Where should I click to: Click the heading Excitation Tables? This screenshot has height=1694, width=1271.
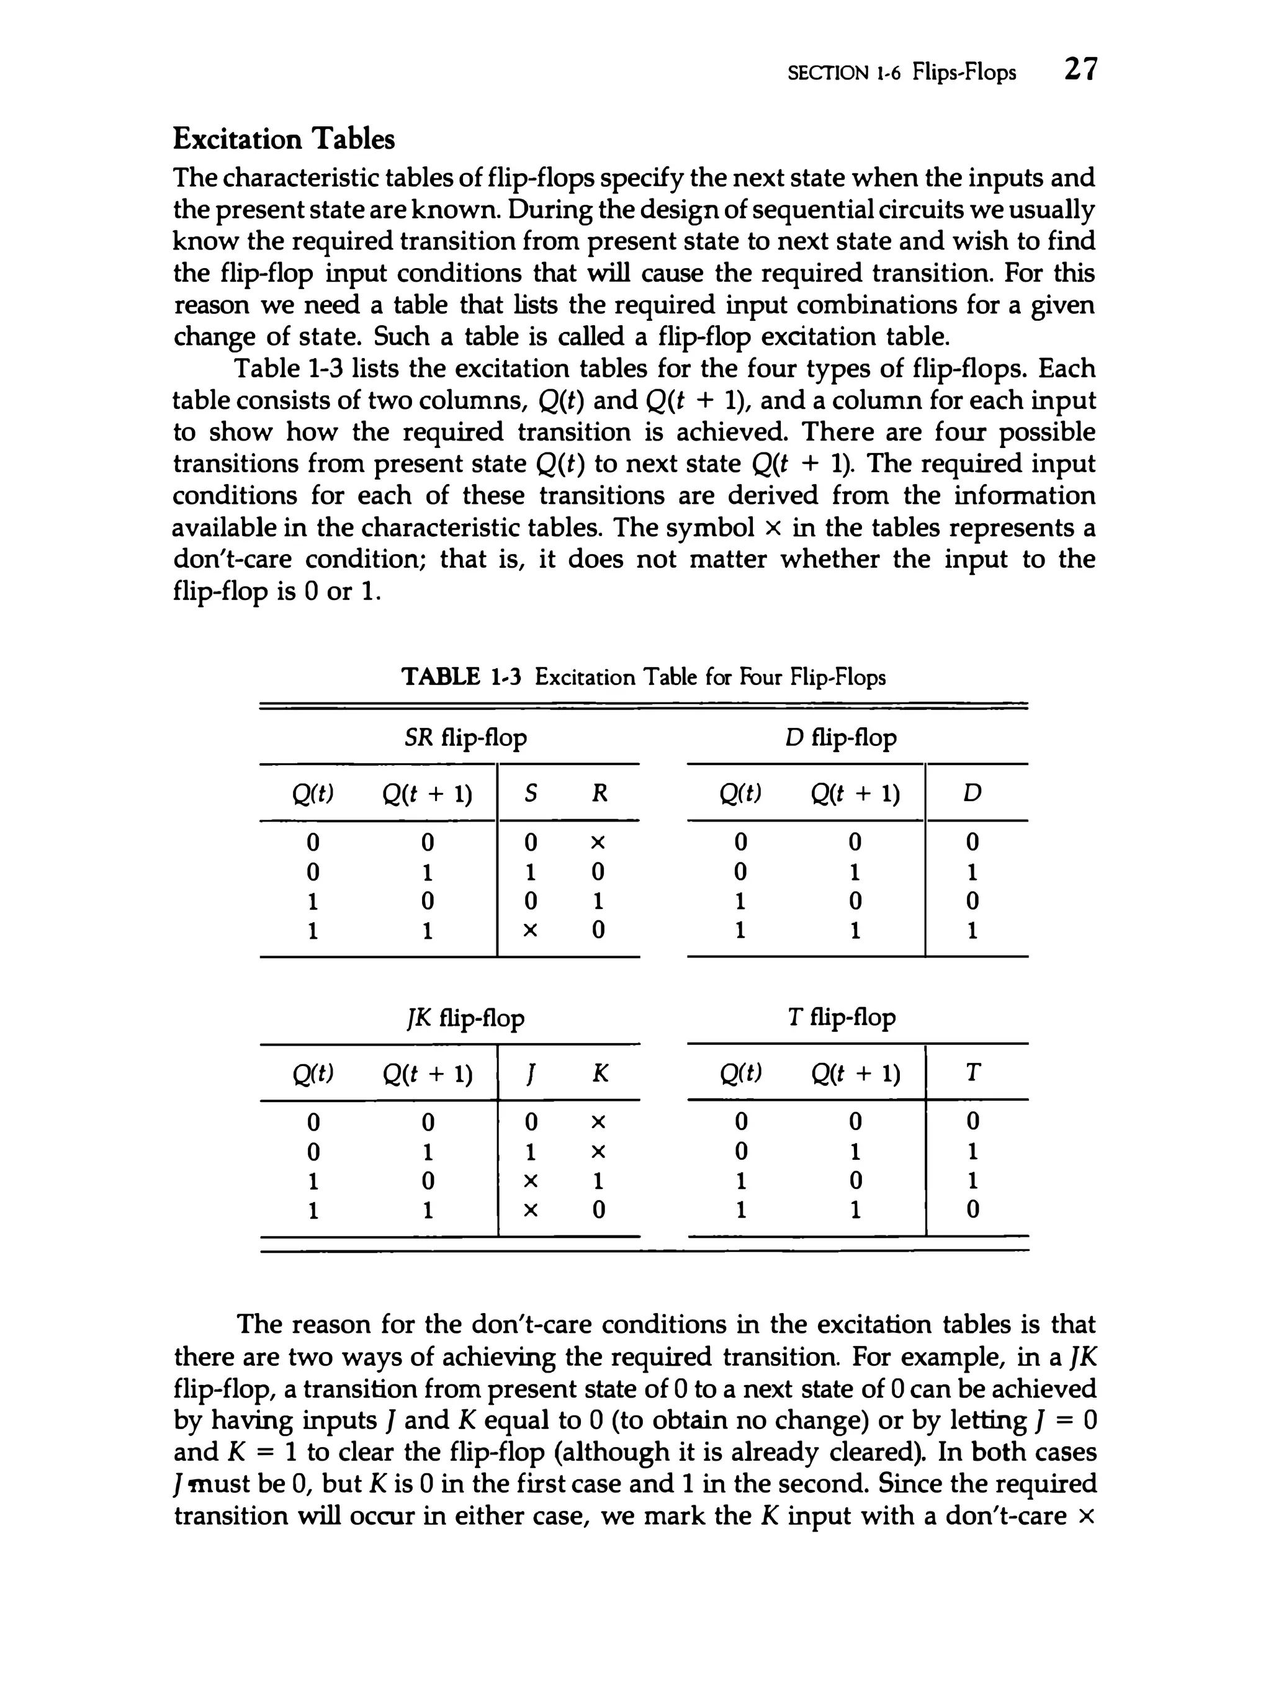pyautogui.click(x=284, y=140)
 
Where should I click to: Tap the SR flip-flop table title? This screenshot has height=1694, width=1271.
pyautogui.click(x=465, y=738)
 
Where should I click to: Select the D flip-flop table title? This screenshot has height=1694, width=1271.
pyautogui.click(x=840, y=738)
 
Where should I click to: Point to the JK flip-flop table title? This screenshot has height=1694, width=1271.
pyautogui.click(x=465, y=1018)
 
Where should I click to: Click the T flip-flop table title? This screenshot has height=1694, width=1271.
pyautogui.click(x=840, y=1018)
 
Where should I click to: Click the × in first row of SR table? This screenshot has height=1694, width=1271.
pyautogui.click(x=598, y=843)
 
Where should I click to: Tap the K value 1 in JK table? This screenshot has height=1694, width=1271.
pyautogui.click(x=599, y=1181)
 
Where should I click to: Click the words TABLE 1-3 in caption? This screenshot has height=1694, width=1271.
pyautogui.click(x=461, y=677)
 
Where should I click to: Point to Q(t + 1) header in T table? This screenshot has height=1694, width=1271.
pyautogui.click(x=855, y=1073)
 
